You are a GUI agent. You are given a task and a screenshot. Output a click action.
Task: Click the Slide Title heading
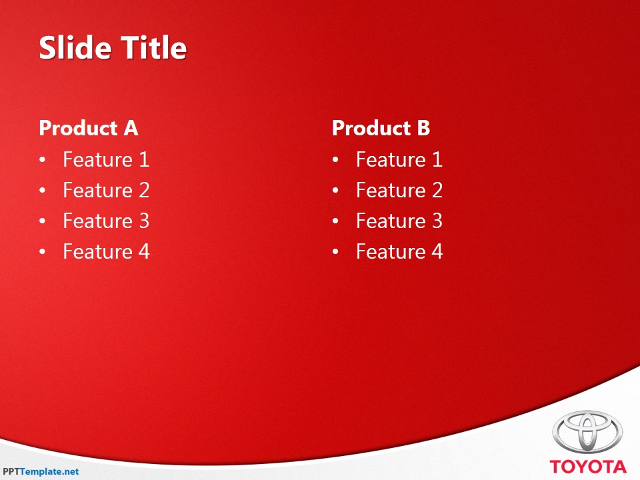click(x=113, y=48)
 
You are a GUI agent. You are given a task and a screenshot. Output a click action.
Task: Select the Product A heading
click(x=88, y=128)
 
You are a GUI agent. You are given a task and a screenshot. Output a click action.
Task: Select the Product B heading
click(x=381, y=128)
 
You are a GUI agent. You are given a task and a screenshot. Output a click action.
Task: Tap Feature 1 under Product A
click(x=106, y=159)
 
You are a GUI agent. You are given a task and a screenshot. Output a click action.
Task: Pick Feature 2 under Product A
click(x=106, y=190)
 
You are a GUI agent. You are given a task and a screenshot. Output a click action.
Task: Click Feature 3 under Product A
click(x=106, y=221)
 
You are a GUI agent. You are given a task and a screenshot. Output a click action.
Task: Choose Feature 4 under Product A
click(x=106, y=251)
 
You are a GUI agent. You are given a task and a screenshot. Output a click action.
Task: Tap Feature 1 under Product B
click(x=399, y=159)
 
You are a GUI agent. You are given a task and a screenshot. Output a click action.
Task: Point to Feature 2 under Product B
click(x=399, y=190)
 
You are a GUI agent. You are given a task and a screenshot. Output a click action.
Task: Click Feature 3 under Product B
click(x=399, y=221)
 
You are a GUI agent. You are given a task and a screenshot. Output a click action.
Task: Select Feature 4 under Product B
click(x=399, y=251)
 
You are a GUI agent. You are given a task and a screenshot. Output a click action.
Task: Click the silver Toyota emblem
click(x=587, y=431)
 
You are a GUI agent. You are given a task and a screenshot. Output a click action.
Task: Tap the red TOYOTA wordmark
click(x=588, y=467)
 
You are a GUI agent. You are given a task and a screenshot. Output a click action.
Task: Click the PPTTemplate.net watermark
click(x=41, y=471)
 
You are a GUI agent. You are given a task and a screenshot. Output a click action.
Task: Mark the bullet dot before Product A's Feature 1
click(x=43, y=161)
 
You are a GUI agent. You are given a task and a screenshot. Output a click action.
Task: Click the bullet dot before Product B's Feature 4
click(x=336, y=253)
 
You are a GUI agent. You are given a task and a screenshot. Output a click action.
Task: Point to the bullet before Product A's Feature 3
click(x=43, y=222)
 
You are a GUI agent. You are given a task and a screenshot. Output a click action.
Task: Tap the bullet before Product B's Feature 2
click(x=336, y=191)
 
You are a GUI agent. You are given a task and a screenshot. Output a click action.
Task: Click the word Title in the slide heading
click(x=153, y=48)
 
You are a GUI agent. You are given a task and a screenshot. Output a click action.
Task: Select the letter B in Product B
click(x=423, y=128)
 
